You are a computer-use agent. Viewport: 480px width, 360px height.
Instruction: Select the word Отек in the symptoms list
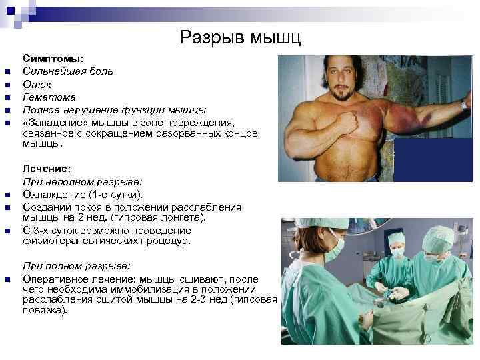37,85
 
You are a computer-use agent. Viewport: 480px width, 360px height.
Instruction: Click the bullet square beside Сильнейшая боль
6,73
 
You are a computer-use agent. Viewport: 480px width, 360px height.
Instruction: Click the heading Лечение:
47,169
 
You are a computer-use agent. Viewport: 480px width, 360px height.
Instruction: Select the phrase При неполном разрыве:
83,182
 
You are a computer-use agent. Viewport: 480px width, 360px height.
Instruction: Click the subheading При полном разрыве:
77,265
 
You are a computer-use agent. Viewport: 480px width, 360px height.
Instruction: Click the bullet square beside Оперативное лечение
6,279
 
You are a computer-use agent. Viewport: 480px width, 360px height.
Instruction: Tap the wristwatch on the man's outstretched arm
463,105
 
